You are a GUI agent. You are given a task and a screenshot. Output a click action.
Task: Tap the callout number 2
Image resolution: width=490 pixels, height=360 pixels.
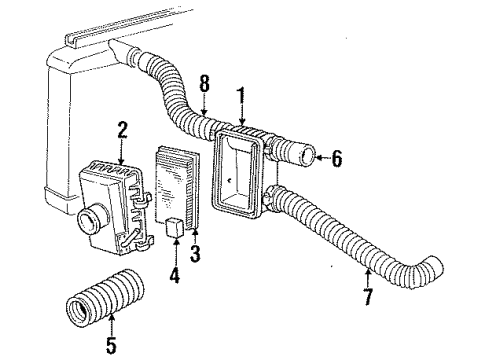click(122, 131)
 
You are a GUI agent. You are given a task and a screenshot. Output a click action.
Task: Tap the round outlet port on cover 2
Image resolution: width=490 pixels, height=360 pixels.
click(89, 215)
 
